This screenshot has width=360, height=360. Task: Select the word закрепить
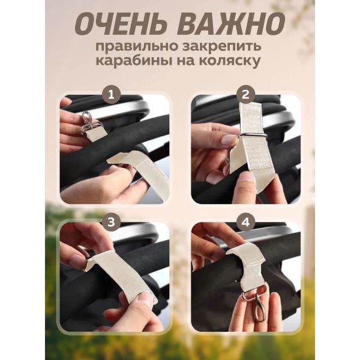[221, 47]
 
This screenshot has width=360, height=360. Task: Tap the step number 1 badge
[112, 95]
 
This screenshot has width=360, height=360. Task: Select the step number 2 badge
[245, 94]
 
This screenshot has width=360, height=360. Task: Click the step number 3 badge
[112, 222]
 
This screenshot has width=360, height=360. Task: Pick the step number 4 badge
[245, 222]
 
